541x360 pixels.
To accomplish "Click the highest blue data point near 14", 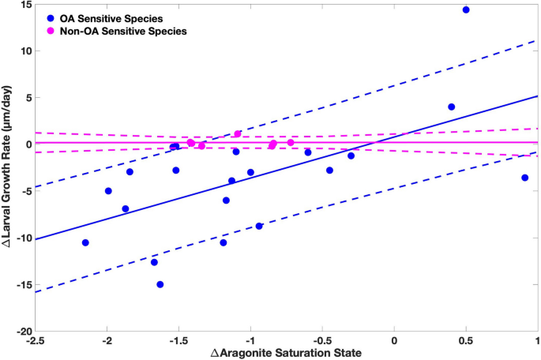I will (466, 10).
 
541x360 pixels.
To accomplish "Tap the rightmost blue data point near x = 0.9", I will (524, 178).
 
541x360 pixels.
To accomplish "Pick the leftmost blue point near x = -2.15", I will (85, 242).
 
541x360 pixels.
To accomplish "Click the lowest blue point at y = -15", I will (160, 284).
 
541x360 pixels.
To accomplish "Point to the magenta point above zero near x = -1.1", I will (238, 134).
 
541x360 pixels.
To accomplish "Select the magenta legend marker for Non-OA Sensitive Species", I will (49, 31).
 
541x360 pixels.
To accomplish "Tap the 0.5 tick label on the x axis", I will (466, 340).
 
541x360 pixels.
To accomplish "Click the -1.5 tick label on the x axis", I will (179, 340).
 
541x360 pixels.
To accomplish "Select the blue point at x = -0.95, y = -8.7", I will (258, 226).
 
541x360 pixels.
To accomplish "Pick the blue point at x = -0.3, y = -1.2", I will (351, 156).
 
